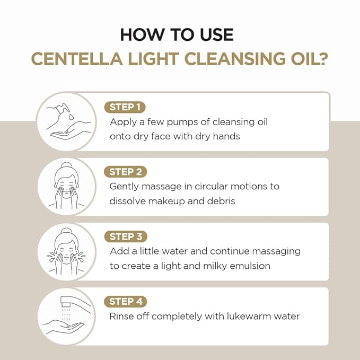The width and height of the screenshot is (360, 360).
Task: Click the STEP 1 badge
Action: (125, 107)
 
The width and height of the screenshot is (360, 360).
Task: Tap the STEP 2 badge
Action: (125, 172)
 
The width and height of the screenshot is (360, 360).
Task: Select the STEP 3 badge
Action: (125, 236)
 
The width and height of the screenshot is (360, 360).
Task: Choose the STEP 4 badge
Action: (125, 301)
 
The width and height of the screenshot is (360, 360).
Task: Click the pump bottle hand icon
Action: (66, 121)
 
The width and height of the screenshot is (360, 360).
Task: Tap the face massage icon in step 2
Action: (66, 186)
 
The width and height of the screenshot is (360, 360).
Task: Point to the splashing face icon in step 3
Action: (66, 251)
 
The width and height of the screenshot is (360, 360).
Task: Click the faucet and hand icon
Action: (66, 316)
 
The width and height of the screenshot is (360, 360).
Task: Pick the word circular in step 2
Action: (209, 187)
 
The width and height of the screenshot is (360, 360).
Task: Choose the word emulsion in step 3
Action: (251, 266)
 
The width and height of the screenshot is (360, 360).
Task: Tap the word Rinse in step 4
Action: (122, 317)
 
